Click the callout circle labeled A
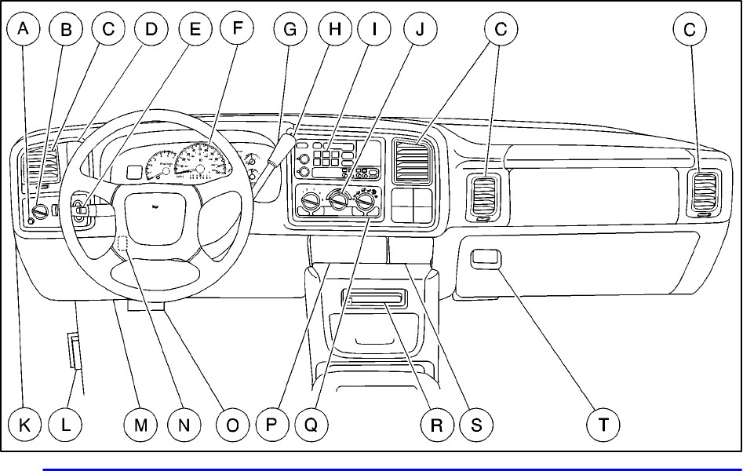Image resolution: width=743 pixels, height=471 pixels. click(24, 30)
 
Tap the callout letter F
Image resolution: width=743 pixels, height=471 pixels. click(237, 30)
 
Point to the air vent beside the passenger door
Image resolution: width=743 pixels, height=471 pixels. click(702, 192)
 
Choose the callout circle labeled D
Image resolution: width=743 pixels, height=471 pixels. click(151, 30)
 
